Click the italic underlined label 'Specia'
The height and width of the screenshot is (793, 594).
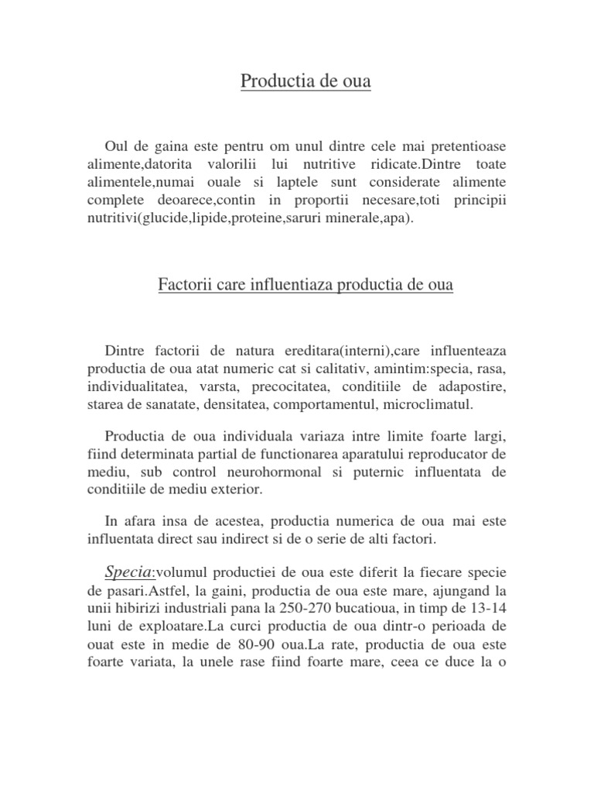coord(129,572)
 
